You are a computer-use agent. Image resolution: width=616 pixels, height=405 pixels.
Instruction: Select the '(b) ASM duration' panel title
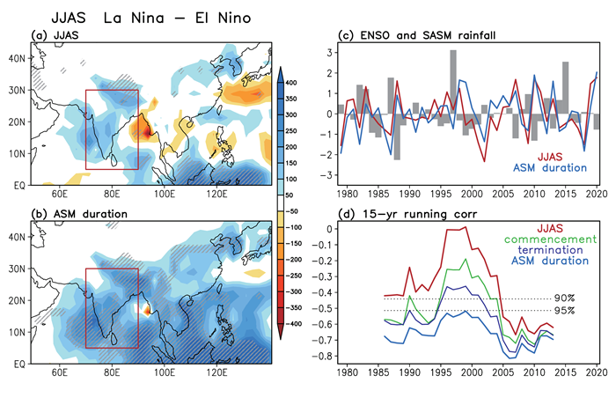(x=75, y=214)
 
